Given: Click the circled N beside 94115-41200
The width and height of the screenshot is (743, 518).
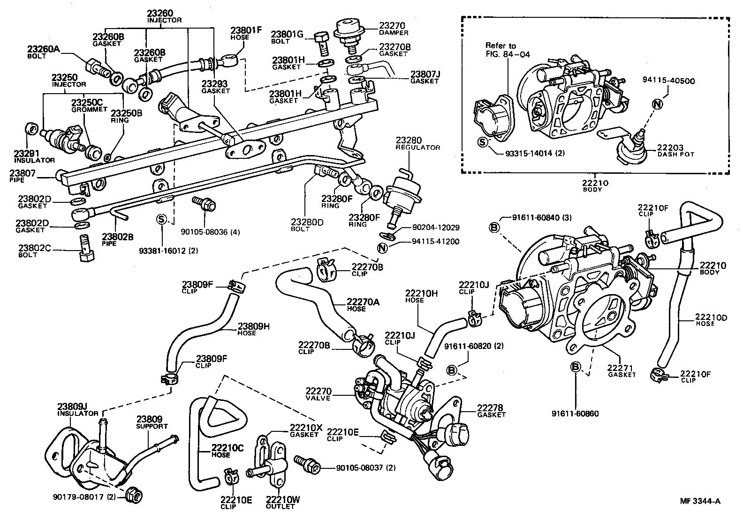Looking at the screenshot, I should (382, 248).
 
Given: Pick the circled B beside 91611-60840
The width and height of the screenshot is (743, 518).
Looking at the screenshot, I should (494, 227).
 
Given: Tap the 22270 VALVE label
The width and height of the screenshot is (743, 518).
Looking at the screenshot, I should (318, 394).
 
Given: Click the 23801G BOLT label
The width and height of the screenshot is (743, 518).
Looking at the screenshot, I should (287, 37).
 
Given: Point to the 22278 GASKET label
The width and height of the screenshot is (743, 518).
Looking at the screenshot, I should (492, 411).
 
